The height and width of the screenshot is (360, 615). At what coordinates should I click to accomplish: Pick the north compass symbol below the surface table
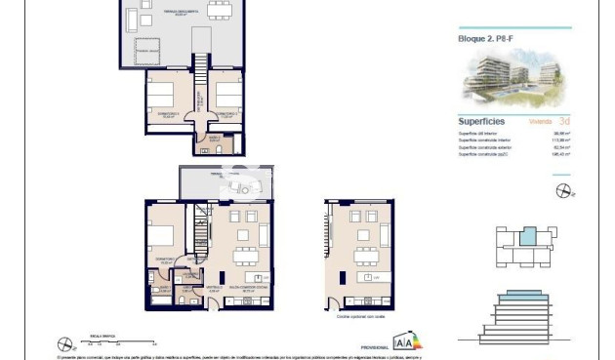(x=560, y=190)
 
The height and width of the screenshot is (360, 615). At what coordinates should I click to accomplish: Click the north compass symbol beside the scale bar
(x=64, y=343)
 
